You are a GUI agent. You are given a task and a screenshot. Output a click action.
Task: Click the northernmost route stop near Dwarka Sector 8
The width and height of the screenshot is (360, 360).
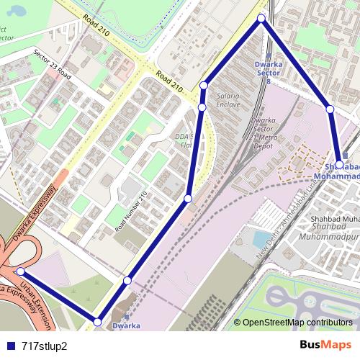[x=261, y=18]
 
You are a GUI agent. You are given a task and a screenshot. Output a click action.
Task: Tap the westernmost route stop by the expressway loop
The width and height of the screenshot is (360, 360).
[x=21, y=271]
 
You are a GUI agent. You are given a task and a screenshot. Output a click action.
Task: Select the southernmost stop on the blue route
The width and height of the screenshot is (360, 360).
[x=98, y=322]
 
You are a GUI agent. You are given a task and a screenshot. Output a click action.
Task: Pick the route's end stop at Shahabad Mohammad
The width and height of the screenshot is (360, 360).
[x=339, y=165]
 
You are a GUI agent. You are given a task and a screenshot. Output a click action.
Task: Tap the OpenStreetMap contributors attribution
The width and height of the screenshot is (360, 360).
[x=297, y=323]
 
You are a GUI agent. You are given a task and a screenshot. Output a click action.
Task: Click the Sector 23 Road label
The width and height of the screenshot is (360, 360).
[x=53, y=63]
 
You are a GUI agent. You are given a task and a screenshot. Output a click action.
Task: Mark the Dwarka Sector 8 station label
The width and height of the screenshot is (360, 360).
[x=268, y=73]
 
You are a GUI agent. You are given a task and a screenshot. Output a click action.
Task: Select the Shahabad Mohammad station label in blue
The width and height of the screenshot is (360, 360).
[x=338, y=172]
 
